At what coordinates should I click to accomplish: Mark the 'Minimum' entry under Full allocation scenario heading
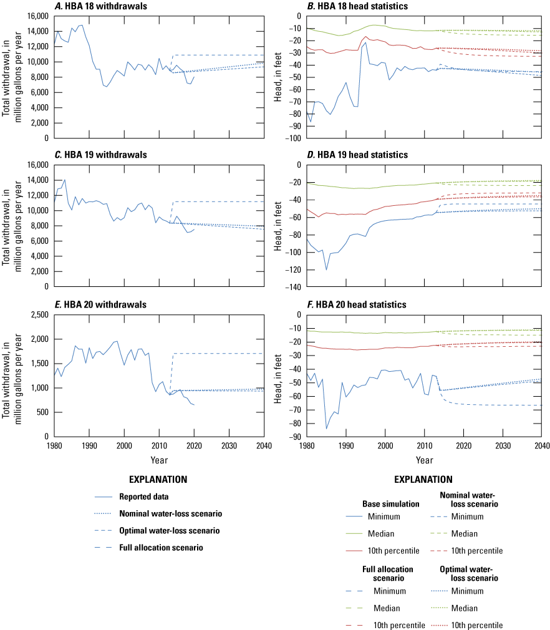point(390,591)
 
